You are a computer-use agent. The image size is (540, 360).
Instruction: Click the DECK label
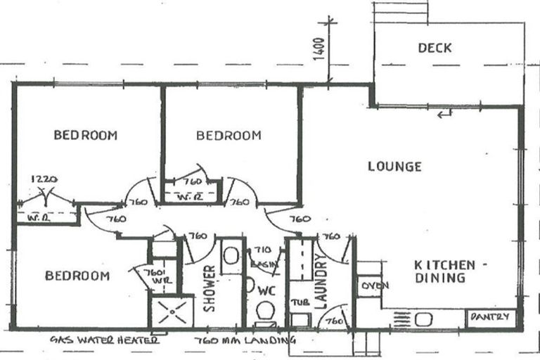[435, 49]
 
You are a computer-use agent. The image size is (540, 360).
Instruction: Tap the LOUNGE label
[394, 167]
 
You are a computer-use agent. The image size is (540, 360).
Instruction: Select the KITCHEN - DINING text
[444, 271]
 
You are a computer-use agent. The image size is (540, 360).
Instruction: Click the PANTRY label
[489, 318]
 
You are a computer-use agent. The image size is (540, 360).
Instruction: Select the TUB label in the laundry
[297, 302]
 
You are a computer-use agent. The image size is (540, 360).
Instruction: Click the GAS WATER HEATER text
[104, 340]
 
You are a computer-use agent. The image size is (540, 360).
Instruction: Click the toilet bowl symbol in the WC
[265, 310]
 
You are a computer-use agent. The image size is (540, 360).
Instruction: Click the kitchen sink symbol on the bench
[424, 319]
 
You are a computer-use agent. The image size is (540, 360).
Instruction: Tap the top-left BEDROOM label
[85, 135]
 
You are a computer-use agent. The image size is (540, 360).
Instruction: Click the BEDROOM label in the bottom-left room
[77, 276]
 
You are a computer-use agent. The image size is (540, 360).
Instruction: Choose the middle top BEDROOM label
[229, 135]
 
